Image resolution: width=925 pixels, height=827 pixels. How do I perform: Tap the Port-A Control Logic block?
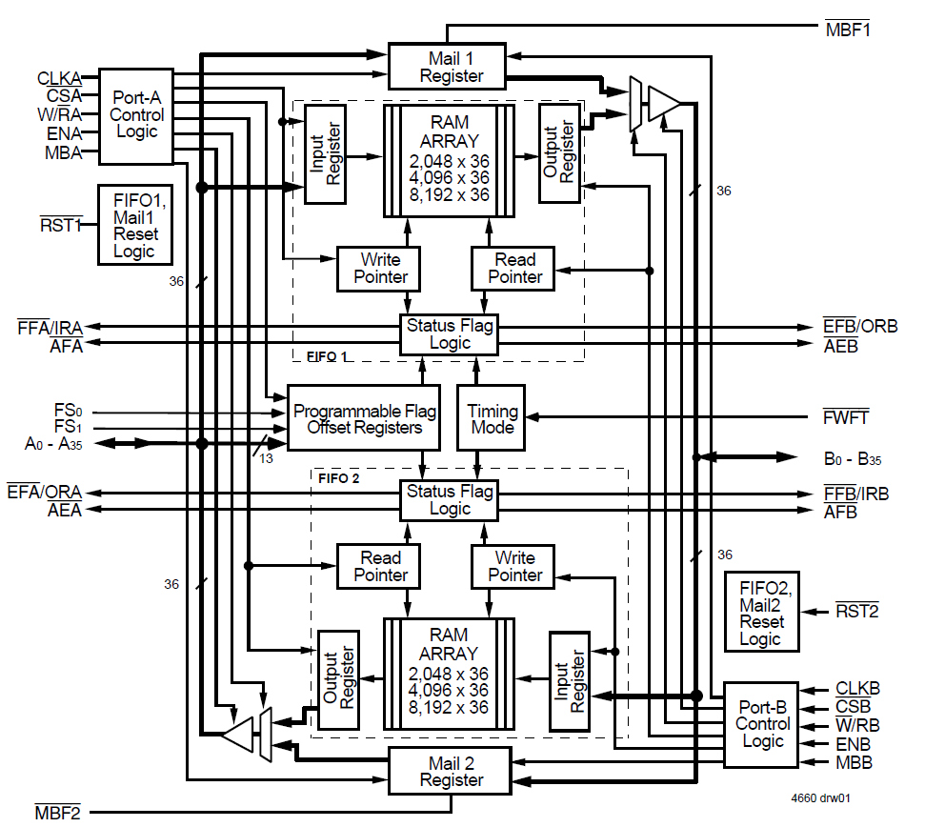click(x=136, y=114)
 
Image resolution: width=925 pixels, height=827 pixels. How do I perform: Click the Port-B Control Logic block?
click(x=761, y=724)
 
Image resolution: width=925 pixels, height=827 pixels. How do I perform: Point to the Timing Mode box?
click(x=493, y=419)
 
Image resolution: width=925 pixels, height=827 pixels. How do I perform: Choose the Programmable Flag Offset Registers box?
click(x=365, y=419)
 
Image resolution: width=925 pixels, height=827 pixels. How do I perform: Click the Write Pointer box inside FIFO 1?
click(x=380, y=268)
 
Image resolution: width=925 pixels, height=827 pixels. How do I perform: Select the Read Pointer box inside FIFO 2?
click(x=380, y=566)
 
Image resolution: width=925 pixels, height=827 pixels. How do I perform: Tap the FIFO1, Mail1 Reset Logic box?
click(x=135, y=225)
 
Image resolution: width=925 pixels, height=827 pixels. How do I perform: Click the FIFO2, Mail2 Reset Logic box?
click(x=761, y=612)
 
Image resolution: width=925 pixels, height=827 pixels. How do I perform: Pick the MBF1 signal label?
click(x=847, y=29)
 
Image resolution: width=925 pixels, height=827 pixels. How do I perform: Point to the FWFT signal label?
click(x=846, y=417)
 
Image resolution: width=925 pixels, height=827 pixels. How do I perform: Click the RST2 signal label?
click(x=856, y=610)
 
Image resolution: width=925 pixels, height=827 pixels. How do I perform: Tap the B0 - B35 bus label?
click(x=852, y=458)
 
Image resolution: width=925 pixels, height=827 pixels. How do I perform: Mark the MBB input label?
click(x=854, y=762)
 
